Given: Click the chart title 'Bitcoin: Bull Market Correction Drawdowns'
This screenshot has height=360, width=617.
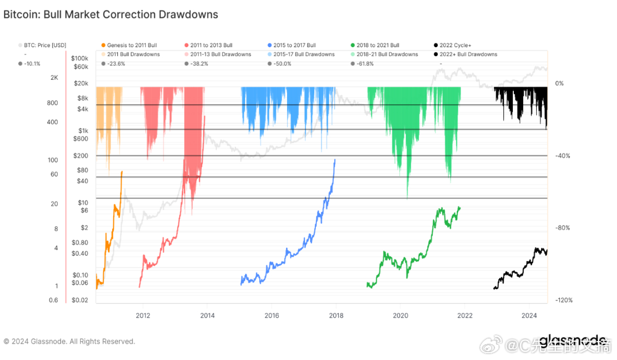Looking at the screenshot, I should click(111, 15).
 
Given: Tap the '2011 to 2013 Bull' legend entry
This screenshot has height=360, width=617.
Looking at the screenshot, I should click(211, 46).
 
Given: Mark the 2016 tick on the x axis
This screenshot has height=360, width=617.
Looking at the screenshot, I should click(271, 315).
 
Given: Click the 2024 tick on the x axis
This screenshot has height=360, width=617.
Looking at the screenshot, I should click(529, 315).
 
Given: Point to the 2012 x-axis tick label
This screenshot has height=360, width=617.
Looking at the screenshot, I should click(143, 315).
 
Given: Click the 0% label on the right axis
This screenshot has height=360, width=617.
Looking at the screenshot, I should click(559, 83).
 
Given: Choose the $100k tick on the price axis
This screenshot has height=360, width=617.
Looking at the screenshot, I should click(80, 58).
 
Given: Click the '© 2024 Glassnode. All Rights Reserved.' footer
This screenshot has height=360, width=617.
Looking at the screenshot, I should click(69, 342).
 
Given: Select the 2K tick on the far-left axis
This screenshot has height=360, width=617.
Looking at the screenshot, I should click(54, 78).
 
